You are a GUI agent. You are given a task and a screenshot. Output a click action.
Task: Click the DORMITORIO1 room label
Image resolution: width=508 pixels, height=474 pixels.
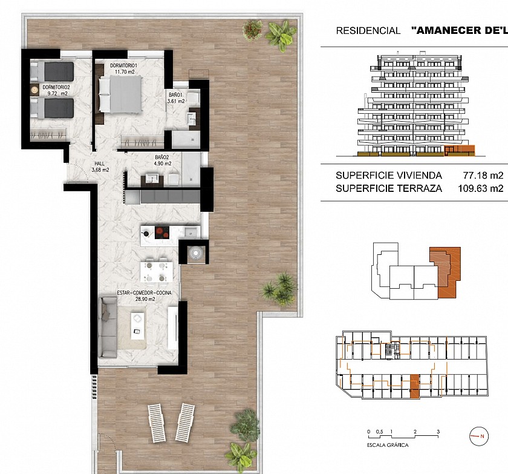124,66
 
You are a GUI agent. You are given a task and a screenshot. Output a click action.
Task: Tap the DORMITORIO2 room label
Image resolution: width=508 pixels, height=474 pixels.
56,88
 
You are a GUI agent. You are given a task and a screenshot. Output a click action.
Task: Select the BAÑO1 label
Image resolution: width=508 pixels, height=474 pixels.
175,95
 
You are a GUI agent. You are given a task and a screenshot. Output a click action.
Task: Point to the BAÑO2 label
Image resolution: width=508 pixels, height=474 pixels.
162,157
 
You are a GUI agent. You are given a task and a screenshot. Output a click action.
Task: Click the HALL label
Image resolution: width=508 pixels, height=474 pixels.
99,163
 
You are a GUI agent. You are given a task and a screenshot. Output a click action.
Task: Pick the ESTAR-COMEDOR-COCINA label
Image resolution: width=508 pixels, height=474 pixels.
144,293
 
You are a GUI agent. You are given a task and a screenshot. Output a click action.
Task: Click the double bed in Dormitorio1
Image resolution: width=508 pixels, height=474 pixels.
120,94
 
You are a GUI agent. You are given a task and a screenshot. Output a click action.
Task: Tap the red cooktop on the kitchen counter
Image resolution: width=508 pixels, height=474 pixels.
162,232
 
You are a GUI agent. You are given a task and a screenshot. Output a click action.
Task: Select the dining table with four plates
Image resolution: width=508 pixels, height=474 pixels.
156,272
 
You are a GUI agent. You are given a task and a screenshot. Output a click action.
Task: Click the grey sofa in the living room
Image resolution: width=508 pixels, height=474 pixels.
108,327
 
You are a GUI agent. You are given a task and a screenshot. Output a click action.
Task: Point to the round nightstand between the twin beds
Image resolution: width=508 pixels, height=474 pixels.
34,90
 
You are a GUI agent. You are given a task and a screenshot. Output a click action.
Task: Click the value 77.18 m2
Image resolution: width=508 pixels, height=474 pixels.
483,176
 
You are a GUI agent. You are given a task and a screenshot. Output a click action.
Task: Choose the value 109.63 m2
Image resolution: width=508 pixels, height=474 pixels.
480,188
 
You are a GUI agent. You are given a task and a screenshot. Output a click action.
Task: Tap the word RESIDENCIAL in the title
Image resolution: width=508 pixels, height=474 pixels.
368,31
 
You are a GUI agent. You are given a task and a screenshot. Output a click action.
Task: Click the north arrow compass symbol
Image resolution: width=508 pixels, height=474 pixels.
479,436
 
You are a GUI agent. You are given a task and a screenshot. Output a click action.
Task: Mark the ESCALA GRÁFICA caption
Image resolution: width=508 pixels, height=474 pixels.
388,445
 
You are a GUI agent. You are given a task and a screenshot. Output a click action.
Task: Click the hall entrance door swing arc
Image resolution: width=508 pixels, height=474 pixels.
81,170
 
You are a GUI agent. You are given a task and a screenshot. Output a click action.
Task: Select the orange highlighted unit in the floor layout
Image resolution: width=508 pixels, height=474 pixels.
415,386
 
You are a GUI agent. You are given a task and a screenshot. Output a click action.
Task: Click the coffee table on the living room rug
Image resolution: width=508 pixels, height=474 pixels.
138,326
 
